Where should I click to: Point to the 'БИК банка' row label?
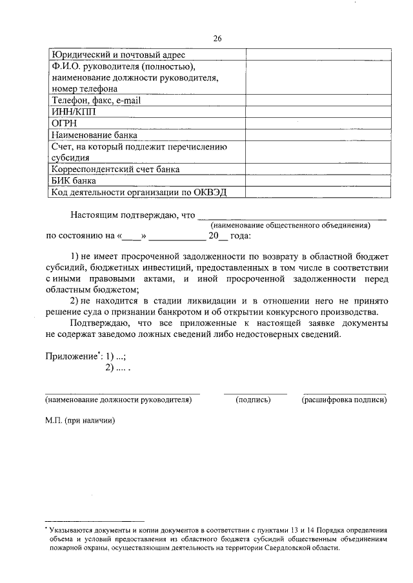[x=74, y=181]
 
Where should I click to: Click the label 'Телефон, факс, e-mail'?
[x=96, y=100]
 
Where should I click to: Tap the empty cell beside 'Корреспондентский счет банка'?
[x=317, y=169]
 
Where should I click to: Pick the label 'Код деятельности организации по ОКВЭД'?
[x=139, y=193]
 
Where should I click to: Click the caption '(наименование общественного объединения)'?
[x=290, y=225]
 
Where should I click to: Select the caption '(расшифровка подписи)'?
[x=344, y=400]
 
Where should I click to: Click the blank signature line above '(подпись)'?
[x=255, y=393]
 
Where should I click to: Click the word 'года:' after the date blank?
[x=239, y=236]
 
